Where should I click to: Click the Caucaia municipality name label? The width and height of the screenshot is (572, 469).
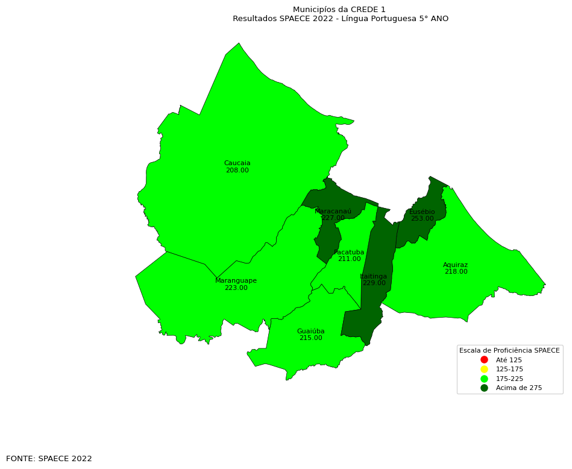click(x=237, y=163)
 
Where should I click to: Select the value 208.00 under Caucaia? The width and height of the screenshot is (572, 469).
click(x=237, y=171)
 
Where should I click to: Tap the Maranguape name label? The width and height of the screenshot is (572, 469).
click(x=236, y=281)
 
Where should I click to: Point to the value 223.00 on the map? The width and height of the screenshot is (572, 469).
click(x=236, y=288)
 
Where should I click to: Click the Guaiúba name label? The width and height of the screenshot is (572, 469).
click(x=310, y=332)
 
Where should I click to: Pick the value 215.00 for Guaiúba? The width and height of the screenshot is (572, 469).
click(x=310, y=338)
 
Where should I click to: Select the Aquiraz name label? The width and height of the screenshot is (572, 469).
click(x=455, y=265)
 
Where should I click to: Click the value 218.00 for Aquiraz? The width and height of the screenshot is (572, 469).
click(x=456, y=272)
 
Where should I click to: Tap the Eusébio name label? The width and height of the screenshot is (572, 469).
click(x=422, y=212)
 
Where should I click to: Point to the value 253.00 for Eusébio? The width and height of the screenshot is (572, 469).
click(x=422, y=219)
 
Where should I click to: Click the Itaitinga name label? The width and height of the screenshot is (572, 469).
click(x=374, y=277)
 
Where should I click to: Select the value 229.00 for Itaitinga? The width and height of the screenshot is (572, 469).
click(x=374, y=283)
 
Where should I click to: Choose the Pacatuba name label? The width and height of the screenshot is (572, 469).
click(x=349, y=253)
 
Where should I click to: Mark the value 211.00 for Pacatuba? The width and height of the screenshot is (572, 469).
click(x=349, y=259)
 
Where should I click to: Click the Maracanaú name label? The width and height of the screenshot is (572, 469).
click(x=333, y=212)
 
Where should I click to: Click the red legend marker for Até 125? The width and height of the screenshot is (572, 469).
click(x=484, y=360)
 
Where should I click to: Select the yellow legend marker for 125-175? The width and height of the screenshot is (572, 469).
click(x=484, y=369)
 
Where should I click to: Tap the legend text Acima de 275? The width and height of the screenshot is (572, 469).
click(x=518, y=388)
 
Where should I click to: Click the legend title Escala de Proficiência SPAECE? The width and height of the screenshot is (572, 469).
click(x=509, y=350)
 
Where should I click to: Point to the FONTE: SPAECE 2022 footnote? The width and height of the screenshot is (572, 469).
click(x=49, y=459)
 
